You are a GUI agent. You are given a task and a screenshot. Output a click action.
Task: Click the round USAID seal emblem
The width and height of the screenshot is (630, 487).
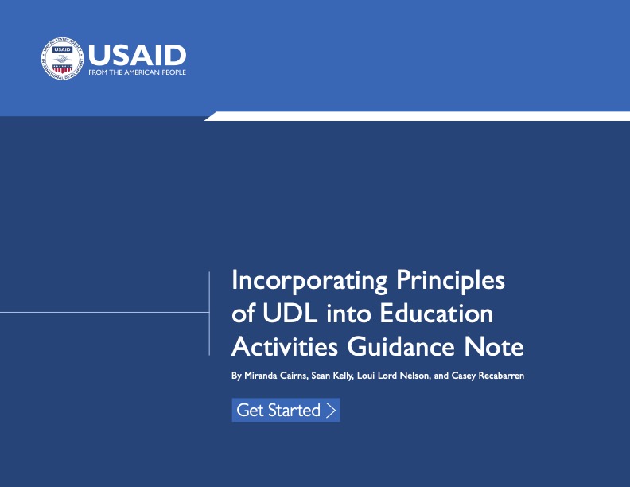62,59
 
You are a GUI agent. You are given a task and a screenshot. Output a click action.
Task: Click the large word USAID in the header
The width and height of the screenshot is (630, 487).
137,54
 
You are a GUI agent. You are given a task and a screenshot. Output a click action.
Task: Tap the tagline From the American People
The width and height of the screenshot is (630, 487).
137,72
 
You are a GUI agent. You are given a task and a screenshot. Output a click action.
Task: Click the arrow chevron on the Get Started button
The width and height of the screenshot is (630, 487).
331,411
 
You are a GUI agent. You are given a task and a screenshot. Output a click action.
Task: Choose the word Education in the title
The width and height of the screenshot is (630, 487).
436,314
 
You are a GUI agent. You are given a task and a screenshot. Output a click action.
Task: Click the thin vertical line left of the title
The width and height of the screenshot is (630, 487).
209,313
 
